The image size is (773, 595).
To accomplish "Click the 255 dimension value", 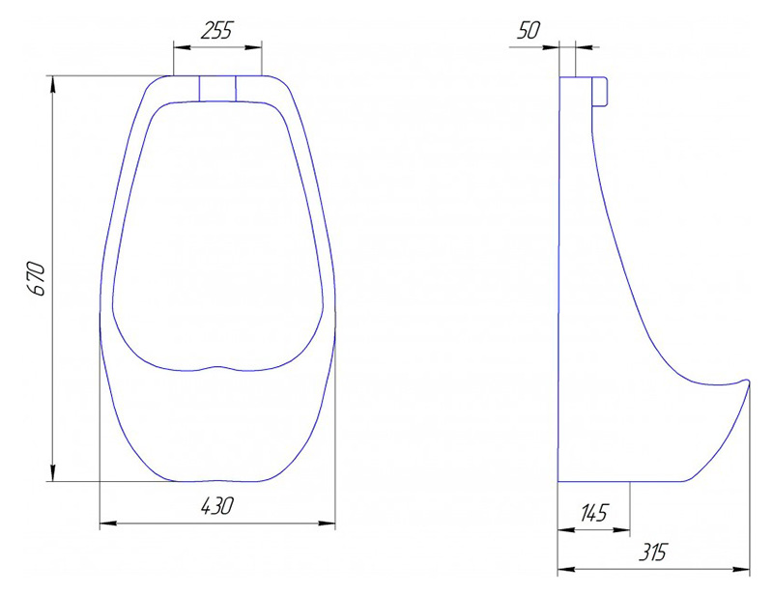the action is coord(215,31).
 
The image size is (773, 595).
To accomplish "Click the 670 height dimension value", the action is coord(37,279).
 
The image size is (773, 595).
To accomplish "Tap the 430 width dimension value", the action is coord(216,506).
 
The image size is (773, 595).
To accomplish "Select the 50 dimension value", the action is coord(528,31).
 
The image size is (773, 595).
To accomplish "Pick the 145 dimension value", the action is coord(594,513).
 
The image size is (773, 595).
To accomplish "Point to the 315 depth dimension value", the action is coord(652,552).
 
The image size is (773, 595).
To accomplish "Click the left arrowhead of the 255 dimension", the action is coord(182,47).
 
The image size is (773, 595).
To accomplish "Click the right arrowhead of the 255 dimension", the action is coord(253,47).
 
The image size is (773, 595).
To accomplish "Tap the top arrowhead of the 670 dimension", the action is coord(53,85).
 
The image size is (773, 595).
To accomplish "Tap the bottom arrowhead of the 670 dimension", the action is coord(53,472).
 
